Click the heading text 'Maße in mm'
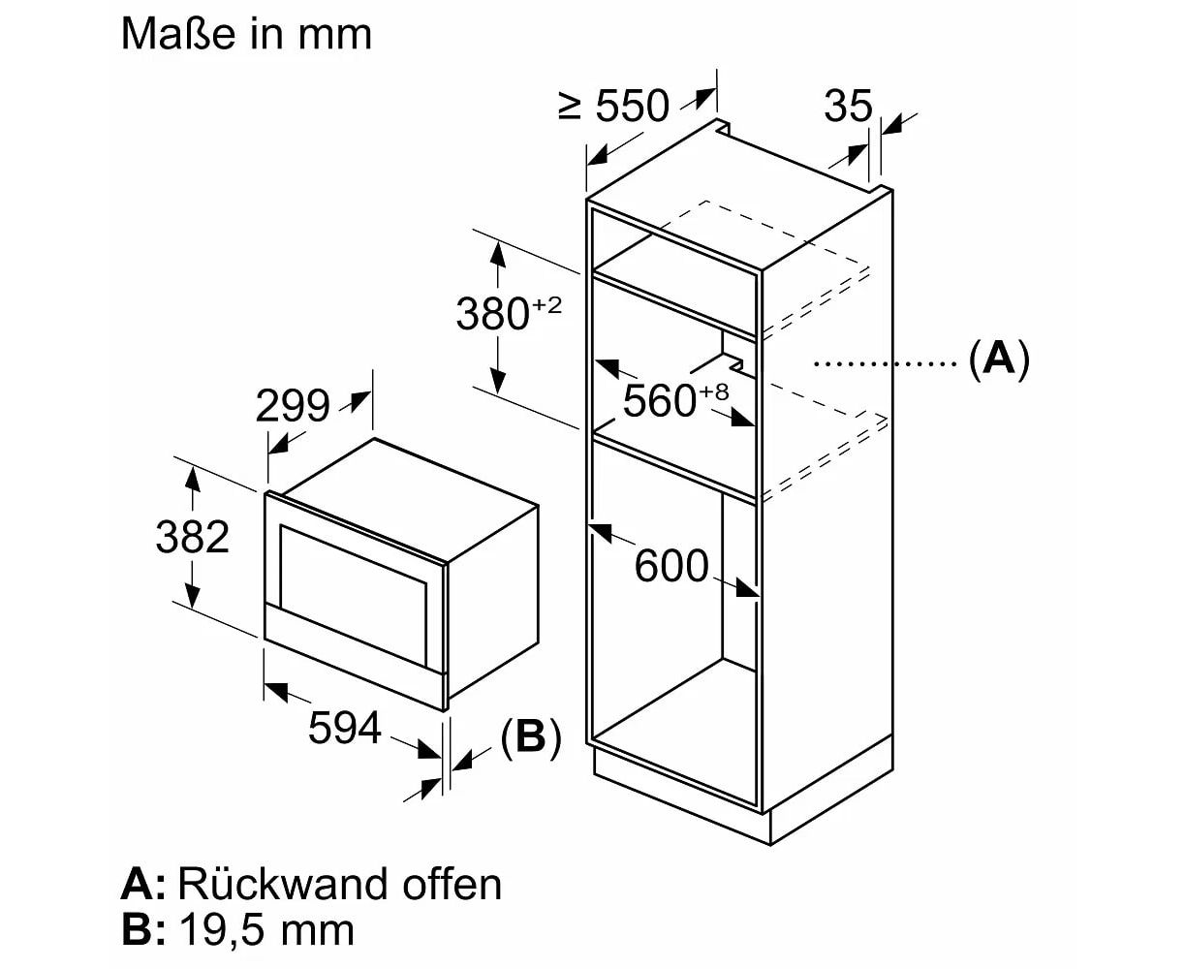246,35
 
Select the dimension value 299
292,406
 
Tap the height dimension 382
192,536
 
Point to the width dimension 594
344,727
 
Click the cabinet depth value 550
632,106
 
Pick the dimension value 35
848,106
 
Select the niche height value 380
492,314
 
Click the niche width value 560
659,400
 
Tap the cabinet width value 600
671,565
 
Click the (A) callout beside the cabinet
998,359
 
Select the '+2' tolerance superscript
546,306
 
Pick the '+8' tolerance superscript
713,392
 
